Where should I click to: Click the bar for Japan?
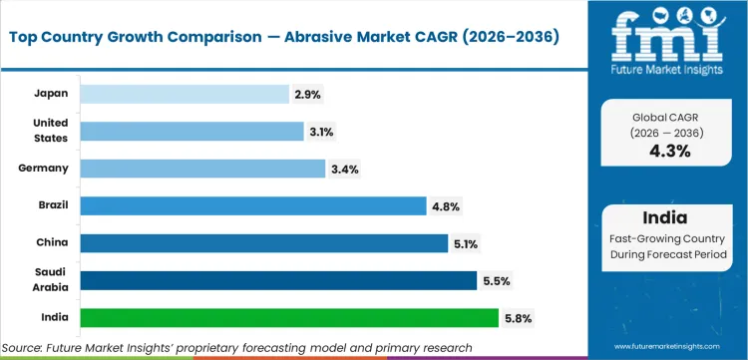[x=185, y=94]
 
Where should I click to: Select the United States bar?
[x=191, y=131]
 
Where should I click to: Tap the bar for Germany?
[x=202, y=169]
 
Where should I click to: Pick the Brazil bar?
[x=252, y=205]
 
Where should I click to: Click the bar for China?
[x=263, y=242]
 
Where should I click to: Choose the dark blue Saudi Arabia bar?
[x=278, y=280]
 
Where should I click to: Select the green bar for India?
[x=288, y=318]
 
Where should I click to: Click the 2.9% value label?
[x=308, y=94]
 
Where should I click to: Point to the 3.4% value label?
[x=345, y=169]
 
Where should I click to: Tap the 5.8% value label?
[x=518, y=318]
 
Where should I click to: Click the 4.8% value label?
[x=446, y=205]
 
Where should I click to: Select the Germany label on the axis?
[x=43, y=169]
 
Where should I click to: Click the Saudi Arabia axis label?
[x=49, y=280]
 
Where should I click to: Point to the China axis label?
[x=51, y=242]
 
